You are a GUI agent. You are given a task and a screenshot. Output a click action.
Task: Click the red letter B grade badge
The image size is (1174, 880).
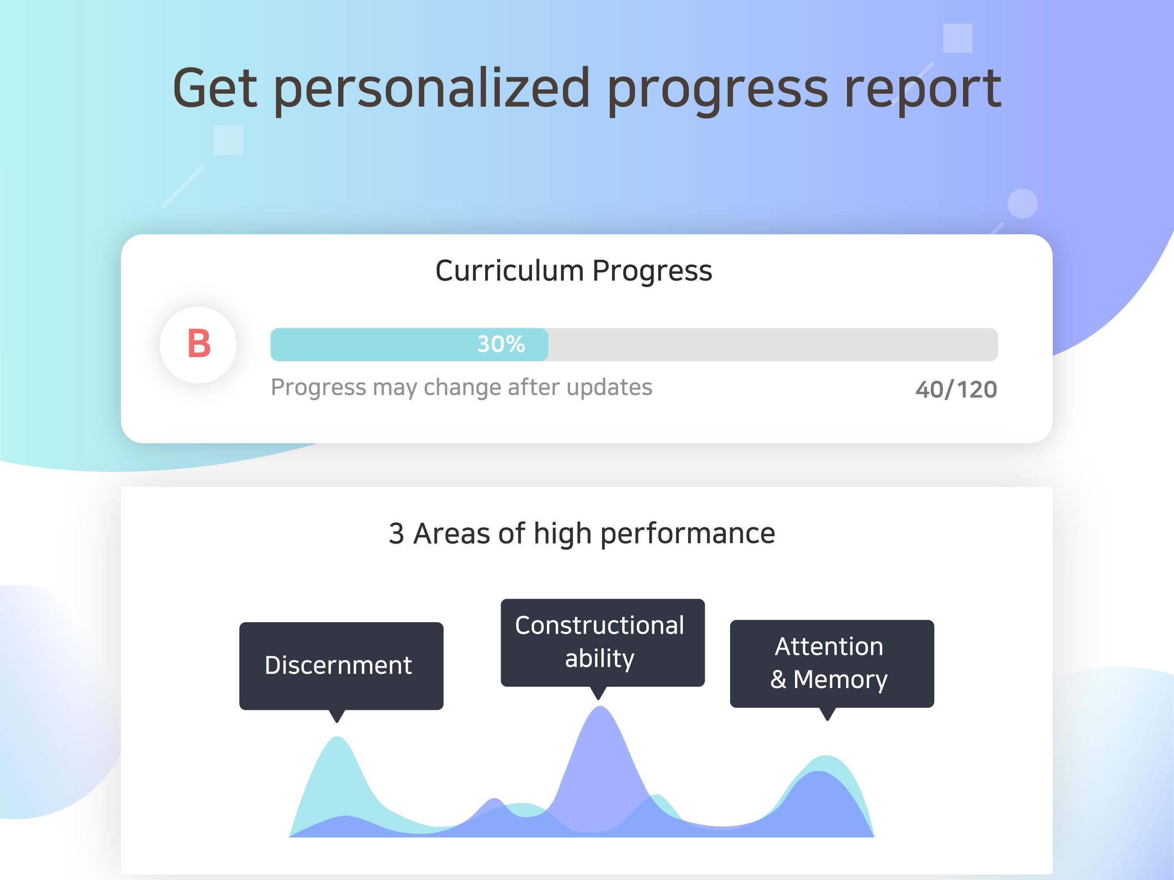point(199,345)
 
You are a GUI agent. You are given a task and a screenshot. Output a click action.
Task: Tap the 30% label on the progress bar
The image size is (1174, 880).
point(501,344)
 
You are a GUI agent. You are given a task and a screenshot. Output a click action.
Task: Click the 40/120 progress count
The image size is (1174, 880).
point(956,390)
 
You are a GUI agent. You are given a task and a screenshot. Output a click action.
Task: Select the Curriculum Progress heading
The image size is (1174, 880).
point(574,271)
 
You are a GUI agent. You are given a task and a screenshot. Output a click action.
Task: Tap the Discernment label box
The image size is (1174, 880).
point(341,666)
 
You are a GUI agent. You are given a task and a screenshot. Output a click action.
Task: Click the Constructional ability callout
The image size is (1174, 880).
point(602,642)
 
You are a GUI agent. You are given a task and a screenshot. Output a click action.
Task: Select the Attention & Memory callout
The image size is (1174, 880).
point(832,663)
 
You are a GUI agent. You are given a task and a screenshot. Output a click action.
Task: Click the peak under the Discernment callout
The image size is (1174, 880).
point(338,738)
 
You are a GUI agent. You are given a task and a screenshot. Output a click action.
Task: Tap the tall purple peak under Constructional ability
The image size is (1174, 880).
point(600,708)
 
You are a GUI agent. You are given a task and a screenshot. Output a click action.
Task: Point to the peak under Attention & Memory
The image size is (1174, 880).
point(826,757)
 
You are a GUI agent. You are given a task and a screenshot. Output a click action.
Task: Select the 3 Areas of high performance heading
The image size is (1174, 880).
point(582,533)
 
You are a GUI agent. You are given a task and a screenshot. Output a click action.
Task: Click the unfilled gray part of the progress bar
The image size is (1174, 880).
point(773,345)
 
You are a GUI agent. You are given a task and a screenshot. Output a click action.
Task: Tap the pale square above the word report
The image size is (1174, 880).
point(957,38)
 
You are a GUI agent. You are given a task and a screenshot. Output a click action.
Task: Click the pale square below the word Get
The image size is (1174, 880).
point(228,140)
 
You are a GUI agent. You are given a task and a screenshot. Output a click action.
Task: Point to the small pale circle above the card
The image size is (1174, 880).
point(1022,203)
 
